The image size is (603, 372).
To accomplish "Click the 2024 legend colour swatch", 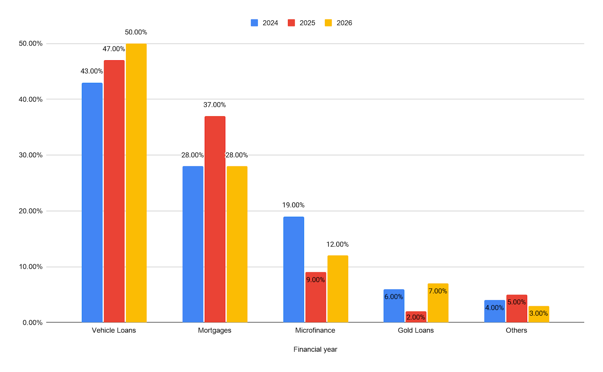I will pos(254,23).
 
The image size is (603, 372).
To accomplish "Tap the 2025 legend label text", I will pos(307,23).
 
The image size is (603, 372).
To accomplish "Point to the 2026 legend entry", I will pos(338,23).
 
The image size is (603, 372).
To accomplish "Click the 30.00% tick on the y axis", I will pos(31,155).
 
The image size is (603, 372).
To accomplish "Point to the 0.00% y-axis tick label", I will pos(32,322).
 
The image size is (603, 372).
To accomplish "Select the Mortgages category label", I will pos(214,330).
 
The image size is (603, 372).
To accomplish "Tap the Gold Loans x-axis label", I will pos(416,330).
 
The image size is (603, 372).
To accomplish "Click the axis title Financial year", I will pos(315,349).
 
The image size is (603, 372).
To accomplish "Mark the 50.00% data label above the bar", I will pos(136,32).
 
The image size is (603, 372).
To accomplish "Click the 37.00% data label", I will pos(214,105).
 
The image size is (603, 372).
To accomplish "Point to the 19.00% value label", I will pos(293,205).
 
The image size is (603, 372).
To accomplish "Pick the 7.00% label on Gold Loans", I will pos(438,291).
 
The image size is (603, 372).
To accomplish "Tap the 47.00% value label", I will pos(114,49).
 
